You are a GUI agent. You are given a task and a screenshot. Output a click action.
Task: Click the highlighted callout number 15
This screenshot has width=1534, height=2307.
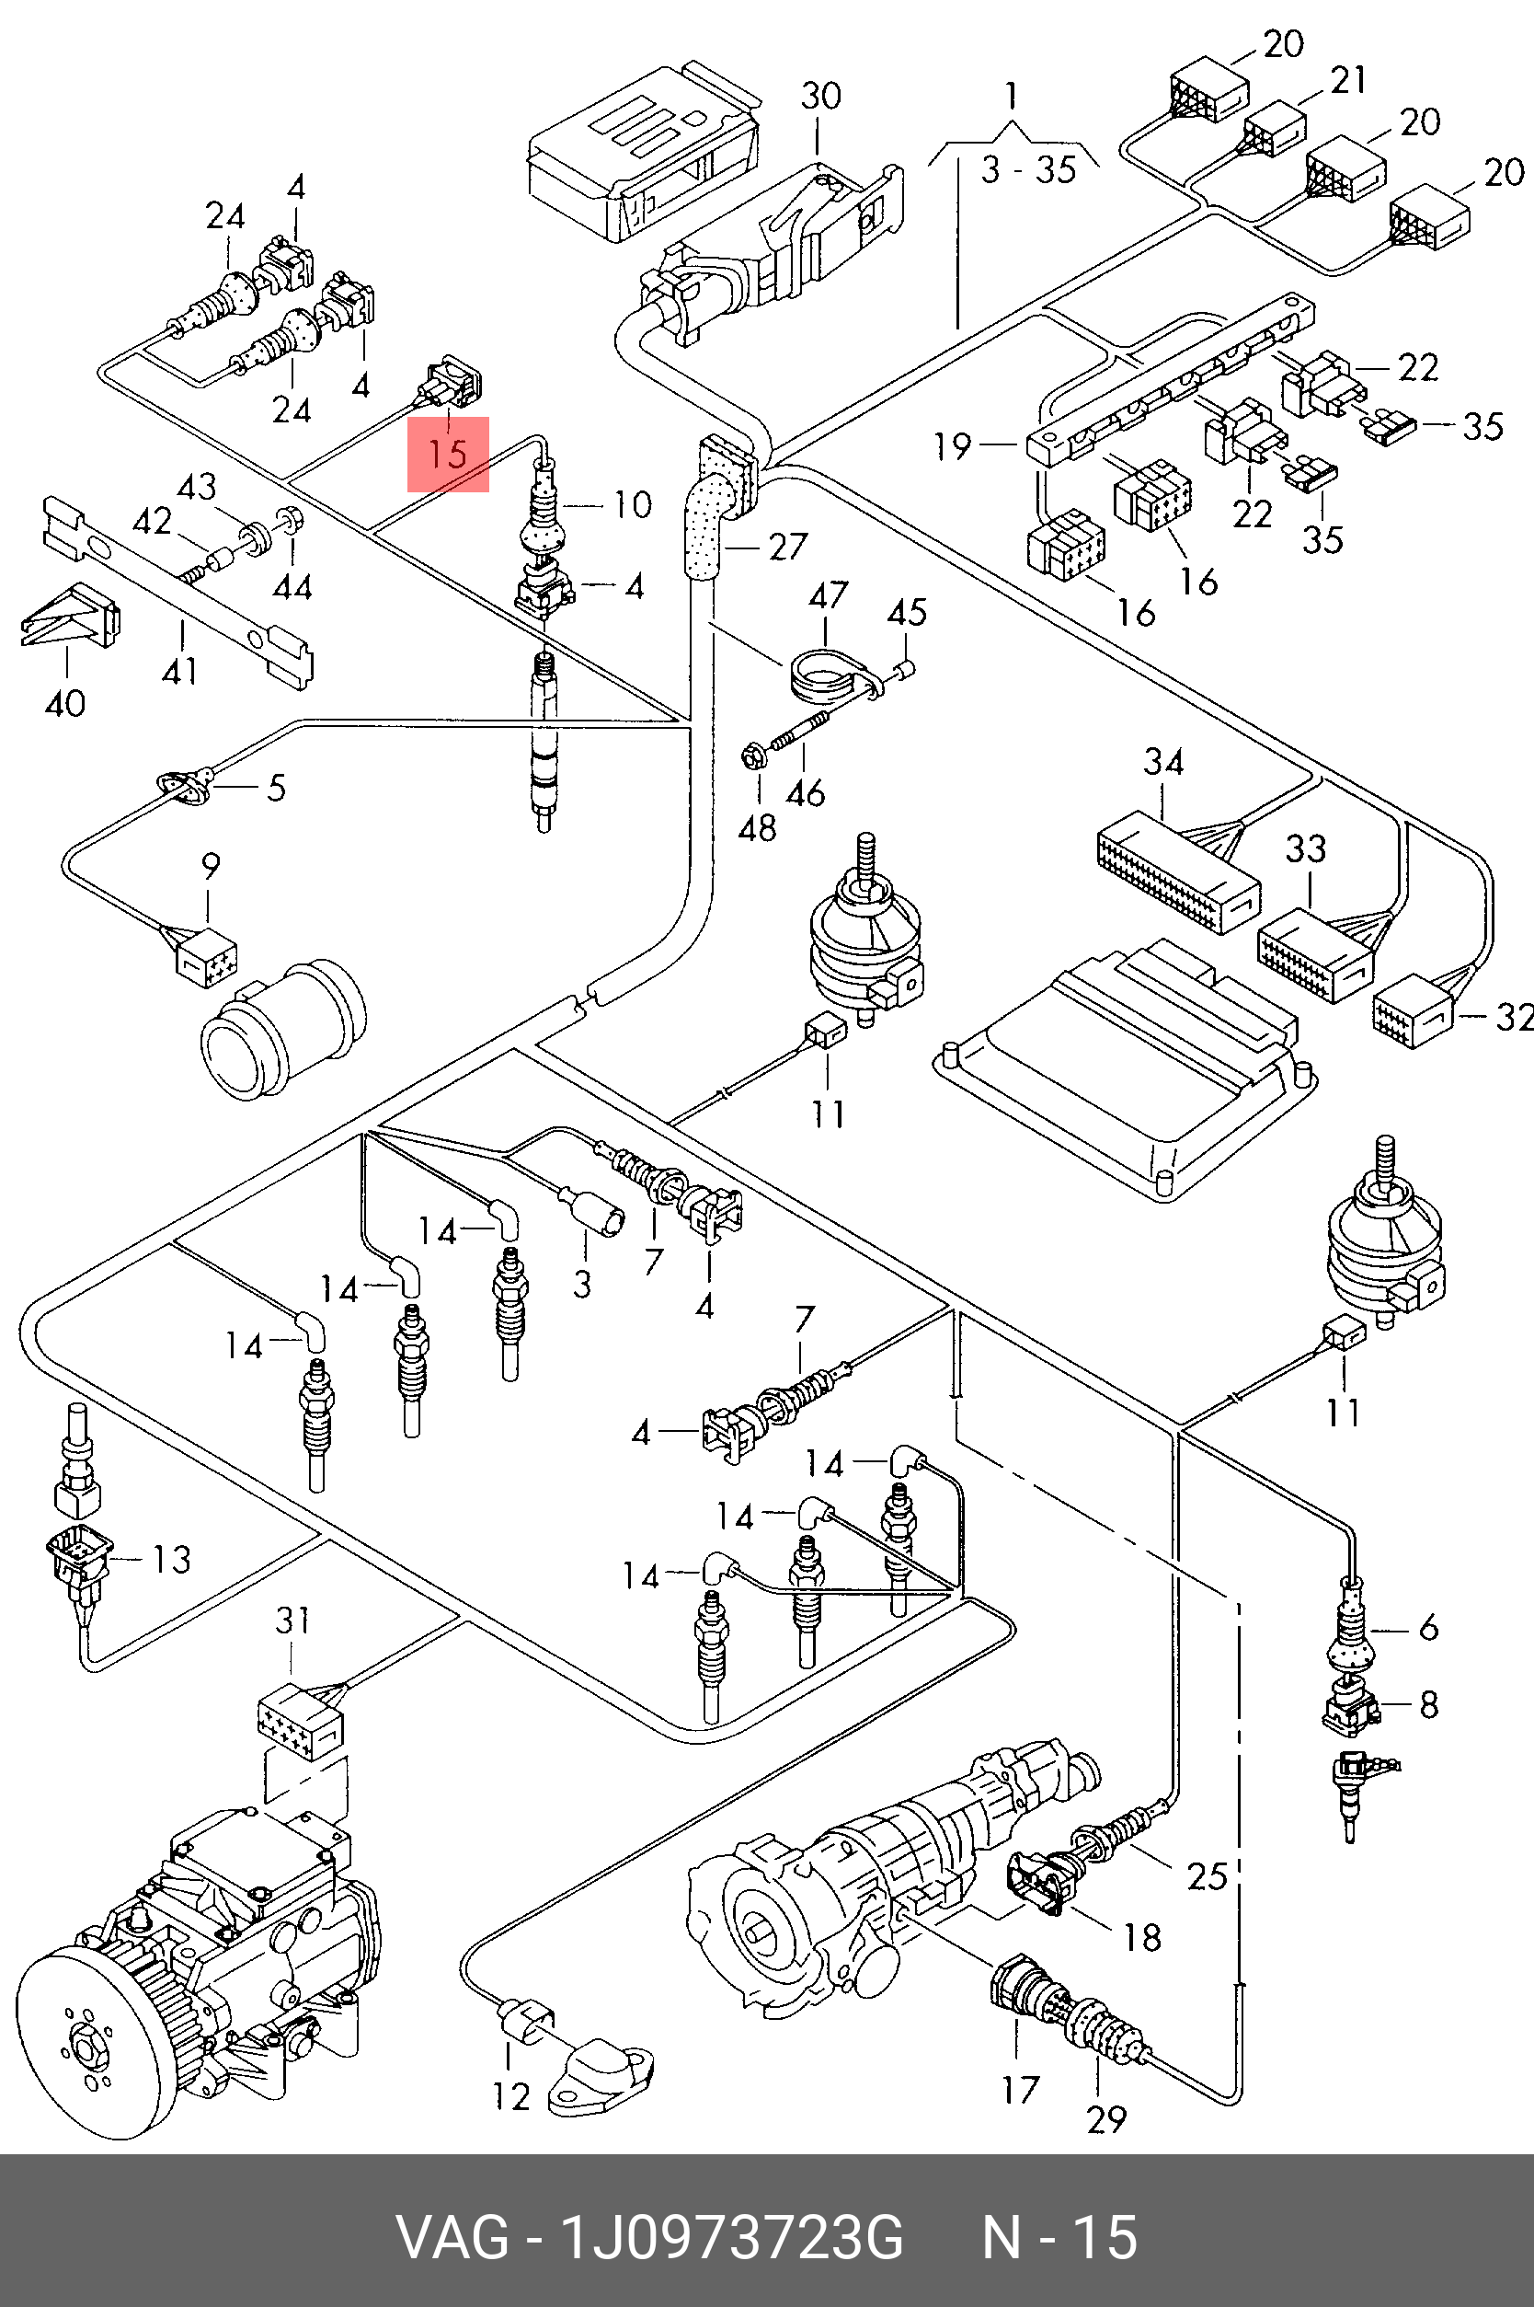click(447, 455)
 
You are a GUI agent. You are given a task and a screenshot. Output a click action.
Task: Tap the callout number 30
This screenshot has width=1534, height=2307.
click(821, 96)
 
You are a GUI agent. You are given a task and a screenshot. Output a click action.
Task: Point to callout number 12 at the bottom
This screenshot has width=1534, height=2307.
click(510, 2095)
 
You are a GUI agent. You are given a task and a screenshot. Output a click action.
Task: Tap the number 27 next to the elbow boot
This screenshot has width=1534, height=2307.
click(787, 547)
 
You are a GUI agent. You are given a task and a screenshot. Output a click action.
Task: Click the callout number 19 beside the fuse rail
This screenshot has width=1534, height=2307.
click(952, 446)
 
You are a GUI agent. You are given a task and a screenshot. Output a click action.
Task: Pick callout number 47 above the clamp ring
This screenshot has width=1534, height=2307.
click(828, 595)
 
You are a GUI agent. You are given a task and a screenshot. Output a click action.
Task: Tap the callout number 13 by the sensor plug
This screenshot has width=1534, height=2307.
click(171, 1559)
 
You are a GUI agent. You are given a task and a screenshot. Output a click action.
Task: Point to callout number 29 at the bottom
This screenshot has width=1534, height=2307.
click(1105, 2119)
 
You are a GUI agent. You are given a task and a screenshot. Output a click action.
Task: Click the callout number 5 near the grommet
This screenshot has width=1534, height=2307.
click(277, 787)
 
